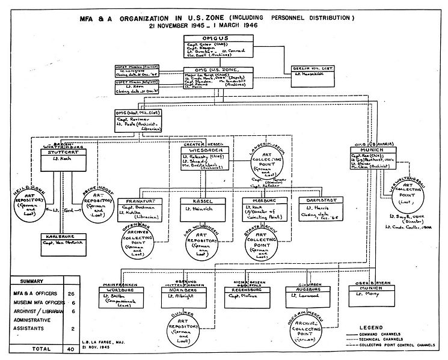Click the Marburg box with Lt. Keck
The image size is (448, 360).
[x=264, y=208]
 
